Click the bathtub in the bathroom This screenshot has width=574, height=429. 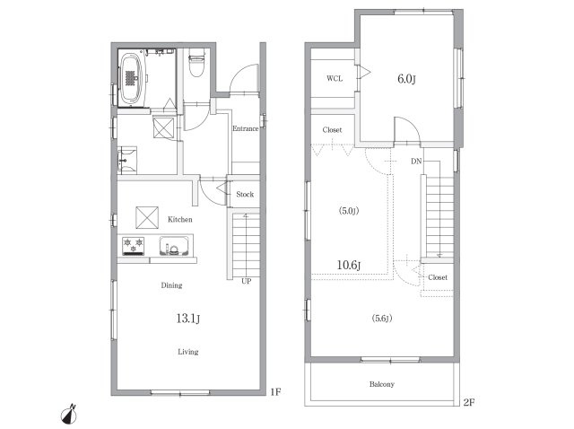click(x=132, y=78)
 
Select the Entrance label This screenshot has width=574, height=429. click(x=245, y=128)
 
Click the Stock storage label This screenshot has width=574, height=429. click(x=245, y=194)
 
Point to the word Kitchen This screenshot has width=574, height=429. click(x=179, y=220)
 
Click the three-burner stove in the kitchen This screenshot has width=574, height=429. click(x=134, y=246)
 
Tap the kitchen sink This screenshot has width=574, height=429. click(x=174, y=246)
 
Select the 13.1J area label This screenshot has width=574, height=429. click(x=188, y=319)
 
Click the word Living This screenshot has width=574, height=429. click(x=188, y=352)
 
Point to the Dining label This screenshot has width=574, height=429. click(x=171, y=285)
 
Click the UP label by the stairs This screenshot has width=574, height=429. click(x=247, y=281)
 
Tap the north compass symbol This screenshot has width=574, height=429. click(x=69, y=414)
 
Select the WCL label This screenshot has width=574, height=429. click(x=335, y=78)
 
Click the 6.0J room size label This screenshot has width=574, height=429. click(x=406, y=79)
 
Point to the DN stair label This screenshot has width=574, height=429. click(x=416, y=161)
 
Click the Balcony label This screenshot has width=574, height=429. click(x=382, y=384)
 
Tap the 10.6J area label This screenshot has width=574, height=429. click(x=349, y=265)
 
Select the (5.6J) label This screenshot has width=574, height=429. click(x=382, y=319)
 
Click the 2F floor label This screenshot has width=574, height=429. click(x=469, y=402)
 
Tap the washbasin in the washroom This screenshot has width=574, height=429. click(x=127, y=161)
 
